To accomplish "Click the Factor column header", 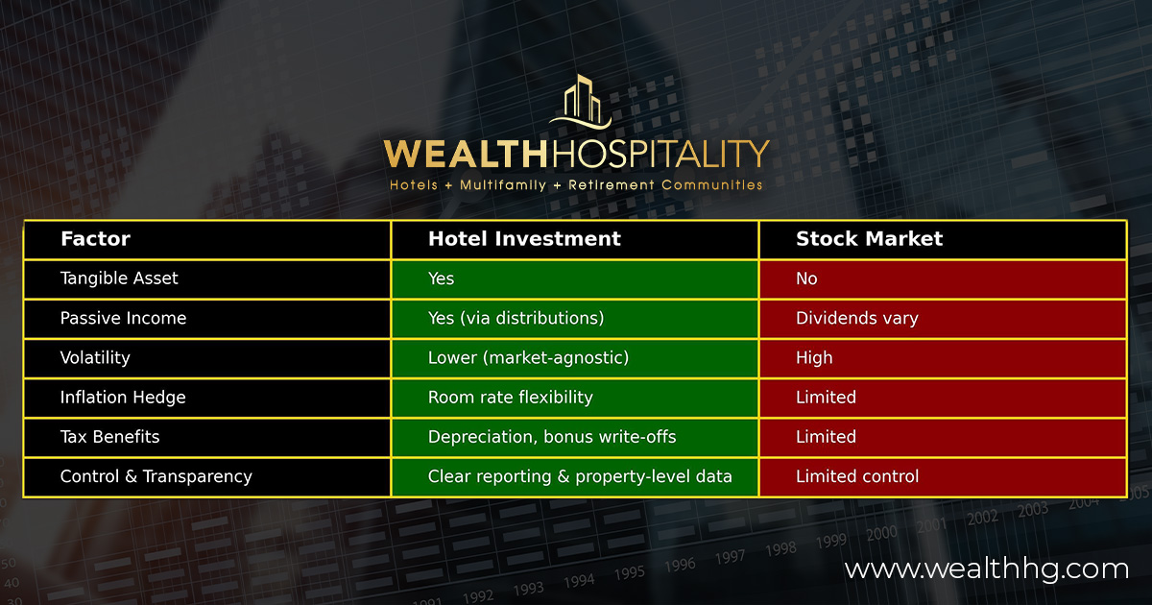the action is (95, 239).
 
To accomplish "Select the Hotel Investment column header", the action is (524, 239).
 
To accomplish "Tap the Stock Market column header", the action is (869, 239).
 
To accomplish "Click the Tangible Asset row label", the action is (119, 278).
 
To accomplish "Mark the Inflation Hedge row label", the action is (123, 398).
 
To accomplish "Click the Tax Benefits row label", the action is (109, 437).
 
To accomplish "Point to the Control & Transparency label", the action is (156, 476).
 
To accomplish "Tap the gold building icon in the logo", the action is (581, 102).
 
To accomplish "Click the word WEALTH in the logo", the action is (465, 154).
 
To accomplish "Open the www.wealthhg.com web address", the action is (987, 569).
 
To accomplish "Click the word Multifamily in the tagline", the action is (502, 185).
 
